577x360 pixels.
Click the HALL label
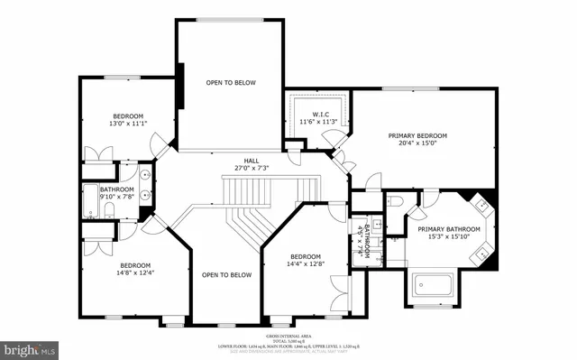[239, 160]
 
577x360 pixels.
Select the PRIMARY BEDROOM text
[417, 136]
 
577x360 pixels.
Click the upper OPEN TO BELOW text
[230, 83]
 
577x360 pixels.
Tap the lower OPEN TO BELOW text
[226, 275]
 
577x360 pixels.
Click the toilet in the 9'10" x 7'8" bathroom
[108, 211]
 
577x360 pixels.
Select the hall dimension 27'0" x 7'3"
[239, 168]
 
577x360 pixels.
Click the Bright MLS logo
[29, 348]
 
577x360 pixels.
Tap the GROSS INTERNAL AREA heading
[288, 334]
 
